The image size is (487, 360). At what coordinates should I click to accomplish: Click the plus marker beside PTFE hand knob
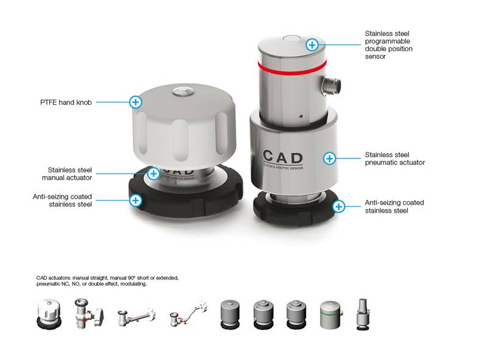point(136,102)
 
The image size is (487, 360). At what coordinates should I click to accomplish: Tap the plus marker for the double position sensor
point(312,44)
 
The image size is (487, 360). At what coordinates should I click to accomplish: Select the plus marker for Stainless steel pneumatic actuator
point(329,158)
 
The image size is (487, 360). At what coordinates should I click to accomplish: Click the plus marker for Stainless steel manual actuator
point(153,174)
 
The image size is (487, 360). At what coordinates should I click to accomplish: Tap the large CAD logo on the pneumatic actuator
point(282,157)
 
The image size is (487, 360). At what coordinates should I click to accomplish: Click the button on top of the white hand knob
point(184,91)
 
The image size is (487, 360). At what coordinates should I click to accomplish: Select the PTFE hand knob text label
point(66,102)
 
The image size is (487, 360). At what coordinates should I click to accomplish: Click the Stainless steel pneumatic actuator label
point(394,158)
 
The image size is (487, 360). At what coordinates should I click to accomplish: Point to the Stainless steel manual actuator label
point(67,174)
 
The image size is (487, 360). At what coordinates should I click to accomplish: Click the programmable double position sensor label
point(388,44)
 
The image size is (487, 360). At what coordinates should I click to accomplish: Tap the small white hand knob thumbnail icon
point(49,314)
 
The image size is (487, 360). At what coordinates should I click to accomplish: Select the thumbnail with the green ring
point(331,314)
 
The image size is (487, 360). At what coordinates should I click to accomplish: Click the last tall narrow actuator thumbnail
point(362,314)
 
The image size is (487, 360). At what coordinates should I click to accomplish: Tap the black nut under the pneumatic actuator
point(295,208)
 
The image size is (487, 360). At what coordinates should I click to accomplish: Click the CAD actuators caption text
point(108,281)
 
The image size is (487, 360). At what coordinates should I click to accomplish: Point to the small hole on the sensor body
point(301,116)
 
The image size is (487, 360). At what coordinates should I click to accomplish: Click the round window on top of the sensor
point(292,38)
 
